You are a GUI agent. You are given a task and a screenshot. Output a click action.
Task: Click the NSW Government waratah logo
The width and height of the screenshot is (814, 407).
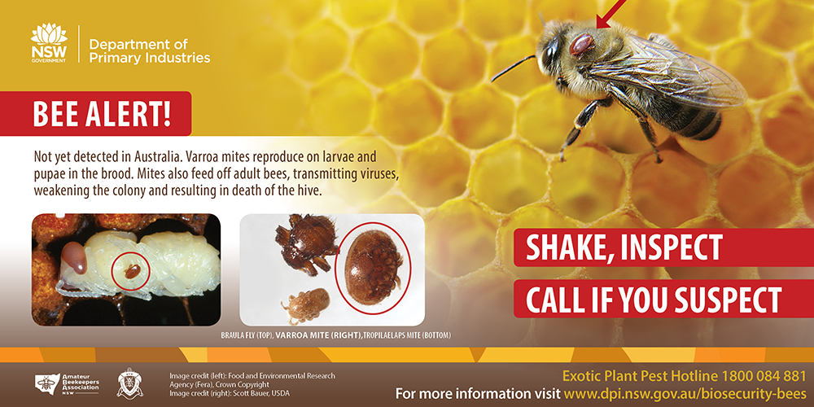pyautogui.click(x=49, y=42)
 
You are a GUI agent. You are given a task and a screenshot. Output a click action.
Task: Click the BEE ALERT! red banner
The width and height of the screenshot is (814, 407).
pyautogui.click(x=95, y=113)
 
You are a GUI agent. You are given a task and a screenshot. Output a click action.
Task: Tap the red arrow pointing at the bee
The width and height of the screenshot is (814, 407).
pyautogui.click(x=611, y=14)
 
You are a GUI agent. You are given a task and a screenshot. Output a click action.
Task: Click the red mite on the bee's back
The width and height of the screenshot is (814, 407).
pyautogui.click(x=581, y=45)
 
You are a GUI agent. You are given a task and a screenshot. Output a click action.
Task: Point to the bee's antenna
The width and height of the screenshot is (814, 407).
pyautogui.click(x=513, y=68)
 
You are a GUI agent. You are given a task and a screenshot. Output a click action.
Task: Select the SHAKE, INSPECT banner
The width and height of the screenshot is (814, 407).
pyautogui.click(x=664, y=247)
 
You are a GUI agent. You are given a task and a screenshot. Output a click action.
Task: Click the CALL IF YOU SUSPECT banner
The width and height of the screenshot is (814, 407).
pyautogui.click(x=664, y=299)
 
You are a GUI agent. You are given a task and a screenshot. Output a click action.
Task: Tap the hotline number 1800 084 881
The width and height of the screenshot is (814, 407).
pyautogui.click(x=762, y=376)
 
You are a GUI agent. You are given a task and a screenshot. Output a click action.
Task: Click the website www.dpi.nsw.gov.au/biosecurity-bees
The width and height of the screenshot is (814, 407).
pyautogui.click(x=685, y=392)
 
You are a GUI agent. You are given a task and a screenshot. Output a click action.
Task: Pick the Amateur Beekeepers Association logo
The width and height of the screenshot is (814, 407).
pyautogui.click(x=67, y=384)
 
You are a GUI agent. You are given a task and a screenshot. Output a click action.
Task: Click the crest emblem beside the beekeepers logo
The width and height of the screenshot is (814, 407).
pyautogui.click(x=129, y=383)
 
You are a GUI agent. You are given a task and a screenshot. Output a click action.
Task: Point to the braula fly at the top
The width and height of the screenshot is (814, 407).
pyautogui.click(x=306, y=243)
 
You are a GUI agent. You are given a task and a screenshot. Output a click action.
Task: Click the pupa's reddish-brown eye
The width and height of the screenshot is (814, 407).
pyautogui.click(x=75, y=258)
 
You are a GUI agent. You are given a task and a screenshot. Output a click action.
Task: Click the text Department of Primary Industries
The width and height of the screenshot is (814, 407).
pyautogui.click(x=150, y=50)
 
